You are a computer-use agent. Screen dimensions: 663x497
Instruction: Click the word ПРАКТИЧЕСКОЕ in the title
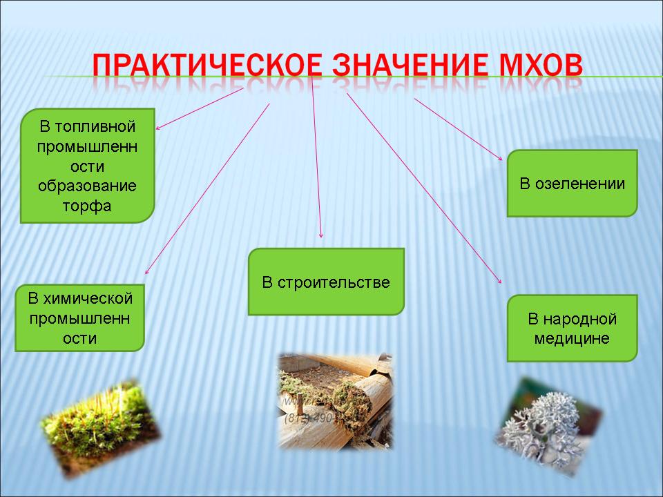tap(207, 66)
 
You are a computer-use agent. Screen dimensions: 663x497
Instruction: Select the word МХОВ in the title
tap(540, 66)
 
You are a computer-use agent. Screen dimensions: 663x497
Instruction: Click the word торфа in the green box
tap(87, 206)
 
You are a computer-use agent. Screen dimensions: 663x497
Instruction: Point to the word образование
tap(87, 186)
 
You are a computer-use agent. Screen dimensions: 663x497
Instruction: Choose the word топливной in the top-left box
tap(95, 126)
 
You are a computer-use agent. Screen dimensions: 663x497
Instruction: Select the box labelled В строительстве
tap(326, 282)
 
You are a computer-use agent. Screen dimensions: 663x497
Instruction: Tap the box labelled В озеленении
tap(572, 184)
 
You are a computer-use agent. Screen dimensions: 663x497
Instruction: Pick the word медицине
tap(572, 338)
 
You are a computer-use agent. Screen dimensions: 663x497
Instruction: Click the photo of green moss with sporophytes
tap(100, 428)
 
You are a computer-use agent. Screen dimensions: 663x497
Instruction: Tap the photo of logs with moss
tap(336, 401)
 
